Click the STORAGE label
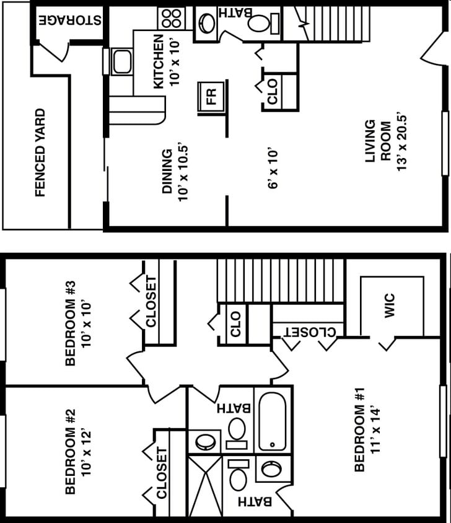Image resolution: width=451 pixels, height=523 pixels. tap(69, 19)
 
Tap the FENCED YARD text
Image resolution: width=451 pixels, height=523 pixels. tap(40, 152)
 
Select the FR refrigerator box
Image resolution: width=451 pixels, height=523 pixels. tap(211, 97)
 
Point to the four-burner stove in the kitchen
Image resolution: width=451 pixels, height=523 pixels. tap(171, 18)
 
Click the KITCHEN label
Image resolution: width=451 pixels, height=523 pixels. tap(159, 61)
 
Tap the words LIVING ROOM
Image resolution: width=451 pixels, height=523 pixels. tap(378, 141)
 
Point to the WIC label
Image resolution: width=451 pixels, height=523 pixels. tap(390, 305)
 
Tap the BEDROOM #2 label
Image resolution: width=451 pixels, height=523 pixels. tap(70, 451)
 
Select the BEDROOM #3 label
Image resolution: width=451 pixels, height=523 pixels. tap(70, 323)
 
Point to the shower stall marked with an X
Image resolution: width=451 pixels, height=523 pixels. tap(204, 486)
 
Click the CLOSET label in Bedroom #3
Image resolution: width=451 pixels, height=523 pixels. tap(151, 301)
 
